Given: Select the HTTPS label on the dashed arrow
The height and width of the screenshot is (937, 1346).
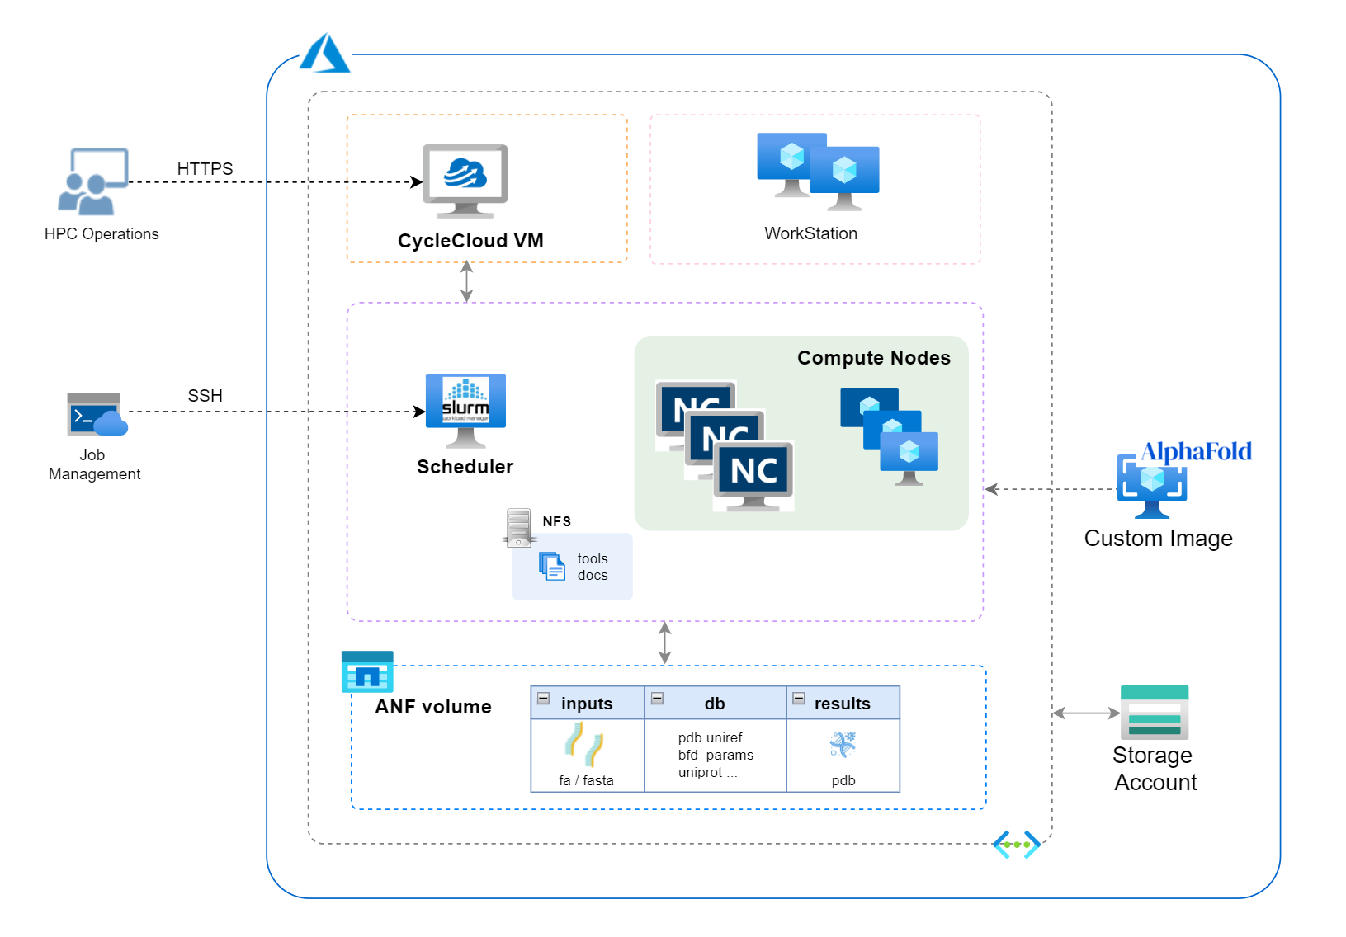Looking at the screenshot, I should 205,169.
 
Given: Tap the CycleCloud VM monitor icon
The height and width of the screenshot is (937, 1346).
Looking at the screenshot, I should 465,181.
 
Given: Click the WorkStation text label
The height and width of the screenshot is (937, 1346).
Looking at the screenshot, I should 810,233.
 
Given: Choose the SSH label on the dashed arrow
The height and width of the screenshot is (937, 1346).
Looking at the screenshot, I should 205,396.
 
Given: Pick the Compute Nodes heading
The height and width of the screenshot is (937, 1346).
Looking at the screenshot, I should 873,358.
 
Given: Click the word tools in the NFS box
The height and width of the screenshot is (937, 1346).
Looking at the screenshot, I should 593,558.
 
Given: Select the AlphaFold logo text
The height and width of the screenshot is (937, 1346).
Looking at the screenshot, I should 1196,451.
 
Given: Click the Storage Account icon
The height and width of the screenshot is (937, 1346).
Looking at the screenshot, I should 1154,713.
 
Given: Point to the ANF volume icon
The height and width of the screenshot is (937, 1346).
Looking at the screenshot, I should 367,671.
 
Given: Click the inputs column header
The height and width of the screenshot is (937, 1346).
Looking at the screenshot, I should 587,704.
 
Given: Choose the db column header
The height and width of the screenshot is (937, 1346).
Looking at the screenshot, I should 715,704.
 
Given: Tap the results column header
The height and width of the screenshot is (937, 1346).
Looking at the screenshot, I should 842,704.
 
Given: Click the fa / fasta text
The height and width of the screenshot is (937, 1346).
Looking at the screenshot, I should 586,780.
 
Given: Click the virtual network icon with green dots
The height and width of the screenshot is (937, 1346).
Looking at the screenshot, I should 1016,845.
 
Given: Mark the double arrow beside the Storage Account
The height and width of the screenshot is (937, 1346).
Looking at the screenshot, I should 1086,713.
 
